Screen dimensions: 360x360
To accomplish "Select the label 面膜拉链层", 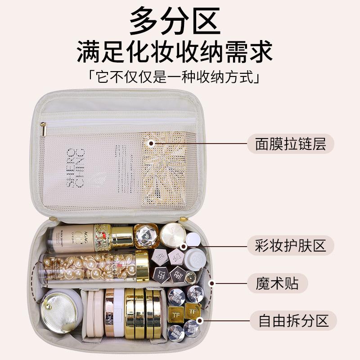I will click(x=290, y=144).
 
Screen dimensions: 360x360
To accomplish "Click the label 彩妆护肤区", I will click(x=290, y=246).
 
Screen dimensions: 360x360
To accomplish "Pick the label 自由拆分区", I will click(x=290, y=321).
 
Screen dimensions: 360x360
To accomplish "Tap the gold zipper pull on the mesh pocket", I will click(x=43, y=129).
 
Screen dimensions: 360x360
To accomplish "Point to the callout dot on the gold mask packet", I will click(x=152, y=144).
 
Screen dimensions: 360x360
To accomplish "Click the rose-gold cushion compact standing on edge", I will click(x=109, y=313).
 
